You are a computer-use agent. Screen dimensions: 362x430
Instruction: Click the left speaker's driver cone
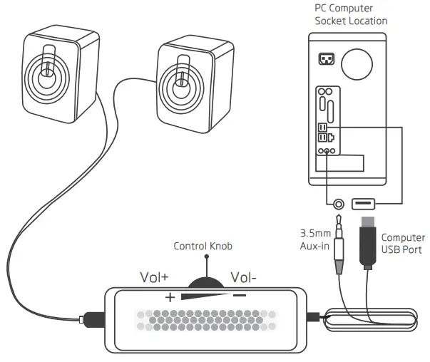pos(46,76)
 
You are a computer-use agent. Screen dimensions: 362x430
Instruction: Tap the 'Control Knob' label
pos(203,247)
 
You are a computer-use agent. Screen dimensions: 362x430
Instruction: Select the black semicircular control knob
pos(203,275)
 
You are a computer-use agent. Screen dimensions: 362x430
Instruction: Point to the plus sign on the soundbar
pos(170,297)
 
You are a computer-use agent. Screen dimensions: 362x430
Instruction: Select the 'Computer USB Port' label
pos(403,244)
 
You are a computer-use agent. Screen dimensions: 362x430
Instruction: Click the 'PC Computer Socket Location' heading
pos(351,14)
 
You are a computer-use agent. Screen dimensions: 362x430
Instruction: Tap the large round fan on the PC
pos(357,63)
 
